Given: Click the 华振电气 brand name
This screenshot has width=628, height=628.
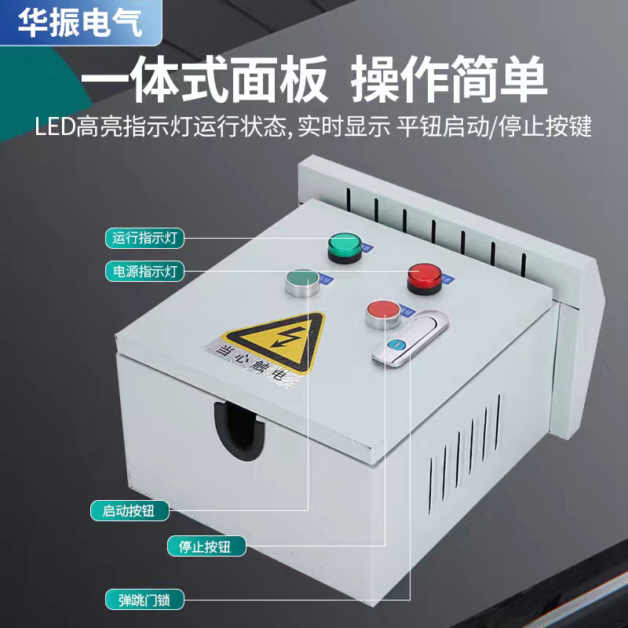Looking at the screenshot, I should coord(80,23).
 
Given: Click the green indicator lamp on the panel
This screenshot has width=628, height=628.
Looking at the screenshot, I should coord(344,246).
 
